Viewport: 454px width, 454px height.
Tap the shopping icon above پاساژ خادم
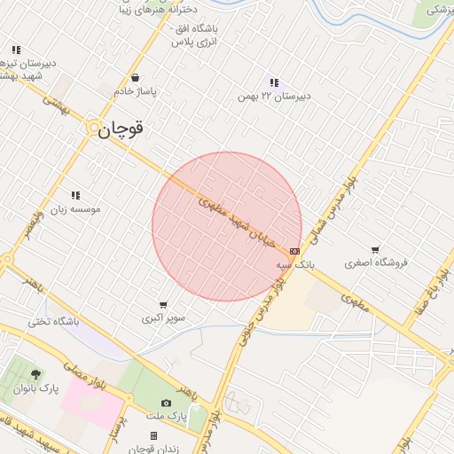tap(135, 77)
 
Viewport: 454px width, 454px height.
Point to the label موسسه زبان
tap(76, 209)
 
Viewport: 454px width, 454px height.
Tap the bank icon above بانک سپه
tap(294, 251)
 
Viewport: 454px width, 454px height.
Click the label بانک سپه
tap(294, 264)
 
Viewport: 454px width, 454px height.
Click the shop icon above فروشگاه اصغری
tap(376, 250)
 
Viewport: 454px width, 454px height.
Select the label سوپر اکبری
tap(162, 317)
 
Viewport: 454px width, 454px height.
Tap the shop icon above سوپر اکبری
tap(163, 304)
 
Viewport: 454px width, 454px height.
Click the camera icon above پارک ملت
tap(166, 403)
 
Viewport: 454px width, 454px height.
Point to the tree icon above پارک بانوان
tap(35, 374)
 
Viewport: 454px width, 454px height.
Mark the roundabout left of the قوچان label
tap(93, 129)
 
